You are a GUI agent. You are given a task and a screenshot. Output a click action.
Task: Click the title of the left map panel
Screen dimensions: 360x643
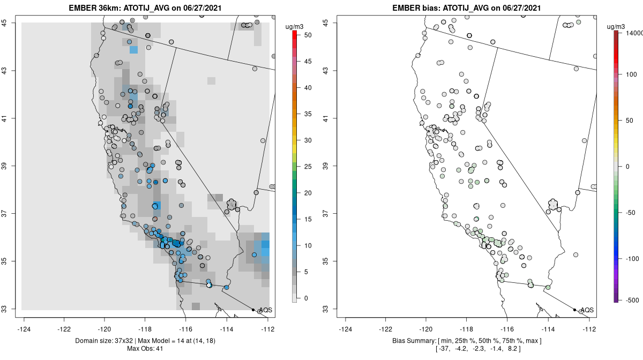click(x=145, y=7)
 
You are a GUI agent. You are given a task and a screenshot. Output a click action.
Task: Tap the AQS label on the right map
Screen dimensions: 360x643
click(x=587, y=310)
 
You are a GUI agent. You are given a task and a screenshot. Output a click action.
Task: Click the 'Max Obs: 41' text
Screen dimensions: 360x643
click(x=145, y=349)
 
